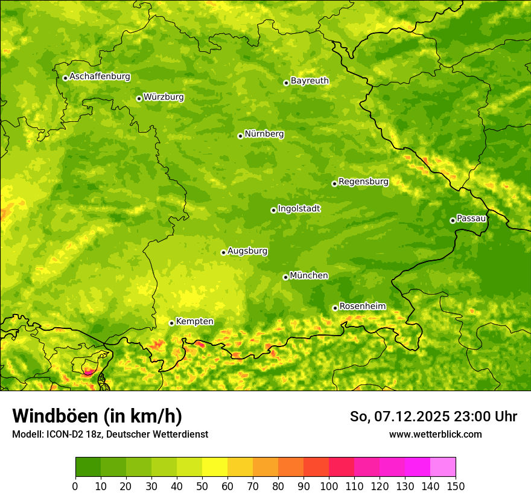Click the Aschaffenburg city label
(100, 77)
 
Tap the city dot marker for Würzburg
(139, 98)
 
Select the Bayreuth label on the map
(310, 81)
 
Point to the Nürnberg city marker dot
(240, 136)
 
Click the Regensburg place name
(363, 182)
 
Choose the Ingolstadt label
(299, 209)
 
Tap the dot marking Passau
(453, 220)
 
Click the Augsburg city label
(247, 251)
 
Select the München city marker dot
(285, 277)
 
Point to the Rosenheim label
(362, 307)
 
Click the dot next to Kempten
(171, 323)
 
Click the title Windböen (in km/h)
(97, 416)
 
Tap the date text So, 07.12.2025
(399, 416)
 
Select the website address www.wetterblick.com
(435, 434)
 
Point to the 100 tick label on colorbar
(329, 486)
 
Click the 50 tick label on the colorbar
(202, 486)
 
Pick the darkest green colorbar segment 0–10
(88, 467)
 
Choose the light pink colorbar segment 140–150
(443, 467)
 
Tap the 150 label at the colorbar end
(456, 486)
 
